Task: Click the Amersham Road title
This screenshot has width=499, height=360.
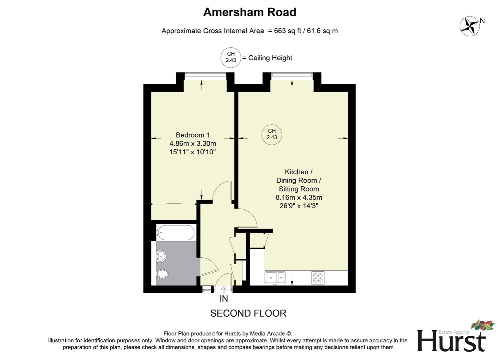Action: [x=249, y=12]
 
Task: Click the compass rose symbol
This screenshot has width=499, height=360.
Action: [x=469, y=26]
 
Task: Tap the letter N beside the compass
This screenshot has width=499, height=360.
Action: [x=482, y=21]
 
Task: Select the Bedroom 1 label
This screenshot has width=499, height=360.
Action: [x=193, y=135]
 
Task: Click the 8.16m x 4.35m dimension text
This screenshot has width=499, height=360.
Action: [x=299, y=197]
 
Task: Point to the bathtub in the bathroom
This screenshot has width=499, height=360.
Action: [x=176, y=232]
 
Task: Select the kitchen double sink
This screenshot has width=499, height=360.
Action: [x=275, y=278]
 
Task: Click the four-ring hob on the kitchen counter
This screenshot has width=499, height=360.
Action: [x=318, y=278]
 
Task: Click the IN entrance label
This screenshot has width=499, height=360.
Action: [x=224, y=299]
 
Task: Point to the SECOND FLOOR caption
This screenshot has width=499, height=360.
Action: [x=248, y=313]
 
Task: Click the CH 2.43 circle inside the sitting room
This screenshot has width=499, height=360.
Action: [x=272, y=134]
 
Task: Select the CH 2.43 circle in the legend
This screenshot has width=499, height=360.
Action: [x=231, y=57]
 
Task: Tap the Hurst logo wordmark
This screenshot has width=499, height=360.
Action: [x=451, y=341]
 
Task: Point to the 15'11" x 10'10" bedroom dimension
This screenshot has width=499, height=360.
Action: [x=193, y=152]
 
